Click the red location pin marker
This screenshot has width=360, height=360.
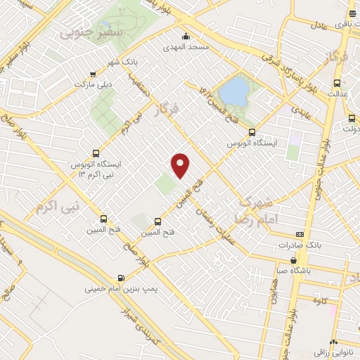pyautogui.click(x=181, y=165)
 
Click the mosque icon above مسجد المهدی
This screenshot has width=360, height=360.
pyautogui.click(x=186, y=37)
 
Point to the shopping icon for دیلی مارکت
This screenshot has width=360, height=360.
pyautogui.click(x=93, y=74)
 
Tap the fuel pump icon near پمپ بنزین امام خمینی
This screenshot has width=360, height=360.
pyautogui.click(x=124, y=277)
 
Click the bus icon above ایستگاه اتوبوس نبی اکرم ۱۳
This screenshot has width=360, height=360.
pyautogui.click(x=96, y=154)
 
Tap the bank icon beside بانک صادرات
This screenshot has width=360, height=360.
pyautogui.click(x=300, y=234)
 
